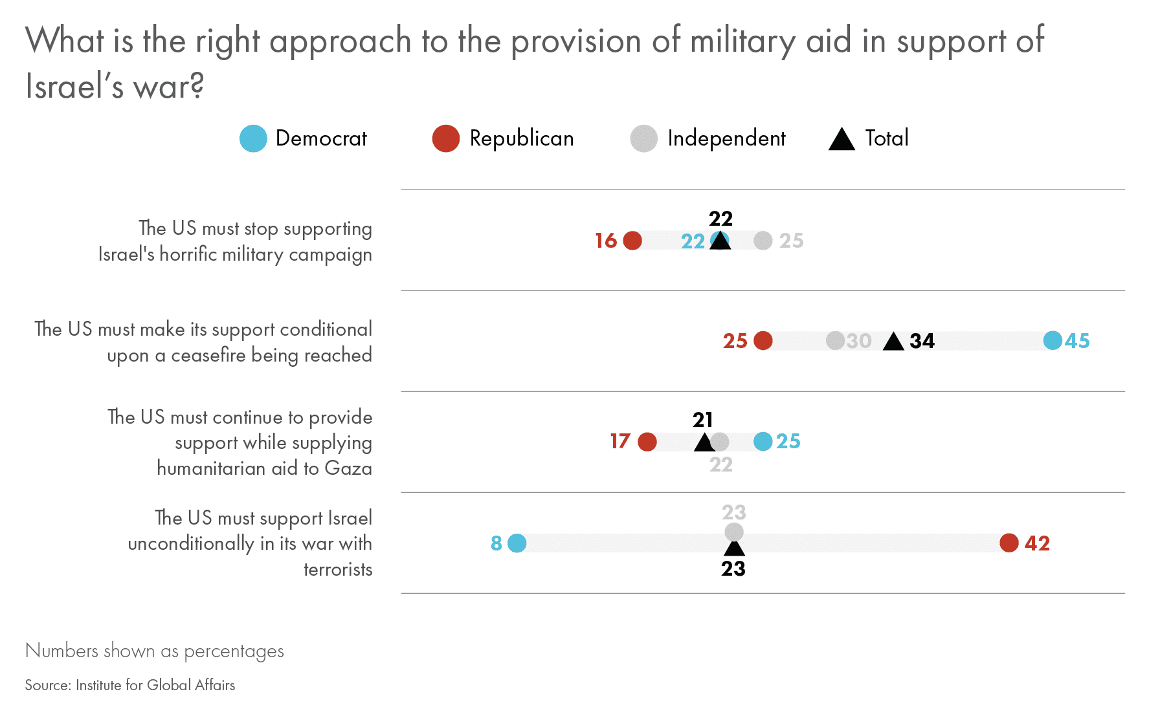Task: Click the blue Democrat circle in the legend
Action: [x=253, y=138]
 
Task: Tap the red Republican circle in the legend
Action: [x=445, y=138]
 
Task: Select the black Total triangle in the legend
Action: [x=842, y=140]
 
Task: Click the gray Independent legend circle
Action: [x=643, y=138]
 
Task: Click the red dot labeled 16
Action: [x=632, y=241]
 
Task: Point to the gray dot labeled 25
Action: [x=763, y=241]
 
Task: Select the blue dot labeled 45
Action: [x=1053, y=340]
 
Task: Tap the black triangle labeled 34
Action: [x=893, y=342]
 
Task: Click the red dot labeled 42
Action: [x=1009, y=543]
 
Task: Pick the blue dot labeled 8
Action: [x=517, y=543]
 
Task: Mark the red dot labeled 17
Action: [x=647, y=442]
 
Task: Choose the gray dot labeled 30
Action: [x=835, y=340]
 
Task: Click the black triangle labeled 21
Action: [x=704, y=443]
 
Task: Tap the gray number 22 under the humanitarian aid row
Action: [x=721, y=464]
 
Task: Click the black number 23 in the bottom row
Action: [x=733, y=569]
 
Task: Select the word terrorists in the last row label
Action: [x=338, y=569]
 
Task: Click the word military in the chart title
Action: [x=742, y=41]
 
